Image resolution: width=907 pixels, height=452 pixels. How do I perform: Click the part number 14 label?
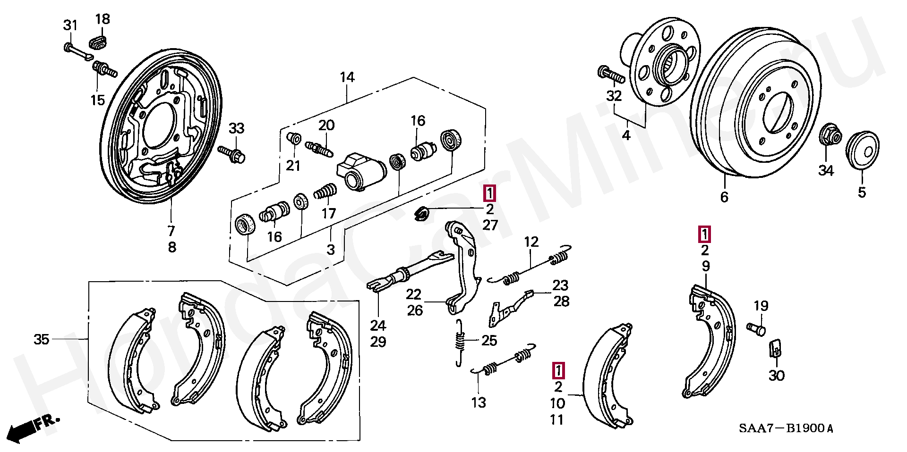click(x=347, y=77)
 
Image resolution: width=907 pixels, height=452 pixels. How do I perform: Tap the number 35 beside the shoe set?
click(x=42, y=339)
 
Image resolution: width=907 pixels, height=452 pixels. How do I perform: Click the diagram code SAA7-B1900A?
click(x=786, y=428)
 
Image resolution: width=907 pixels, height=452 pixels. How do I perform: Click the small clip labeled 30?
click(x=776, y=349)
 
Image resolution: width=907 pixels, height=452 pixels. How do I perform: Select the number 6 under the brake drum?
click(x=724, y=197)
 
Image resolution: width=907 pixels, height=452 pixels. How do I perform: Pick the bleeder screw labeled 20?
click(x=319, y=147)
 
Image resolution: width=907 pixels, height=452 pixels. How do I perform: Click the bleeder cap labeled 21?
click(x=294, y=138)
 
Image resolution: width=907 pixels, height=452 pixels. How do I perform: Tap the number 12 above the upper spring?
click(x=531, y=242)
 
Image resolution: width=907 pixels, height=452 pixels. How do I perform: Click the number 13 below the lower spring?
click(x=479, y=402)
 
